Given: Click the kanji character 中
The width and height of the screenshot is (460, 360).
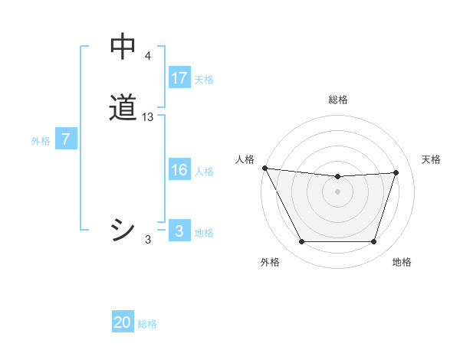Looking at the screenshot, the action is (123, 48).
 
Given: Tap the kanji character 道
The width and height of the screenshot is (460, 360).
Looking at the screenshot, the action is (123, 108).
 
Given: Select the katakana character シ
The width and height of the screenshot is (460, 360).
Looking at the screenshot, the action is (123, 230).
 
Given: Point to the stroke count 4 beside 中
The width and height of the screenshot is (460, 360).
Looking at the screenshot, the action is (147, 56).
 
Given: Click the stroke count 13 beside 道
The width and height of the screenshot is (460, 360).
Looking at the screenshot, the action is (148, 116).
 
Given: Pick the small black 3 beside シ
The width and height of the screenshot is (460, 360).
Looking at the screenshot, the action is (148, 240).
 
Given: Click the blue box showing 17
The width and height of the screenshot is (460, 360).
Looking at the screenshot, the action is (179, 77).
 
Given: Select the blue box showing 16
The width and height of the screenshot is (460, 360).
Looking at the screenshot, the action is (179, 170).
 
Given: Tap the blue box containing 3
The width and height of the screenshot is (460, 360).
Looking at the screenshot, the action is (179, 231).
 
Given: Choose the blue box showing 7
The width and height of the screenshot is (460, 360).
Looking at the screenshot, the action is (66, 139).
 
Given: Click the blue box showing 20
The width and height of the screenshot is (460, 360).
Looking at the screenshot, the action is (123, 322).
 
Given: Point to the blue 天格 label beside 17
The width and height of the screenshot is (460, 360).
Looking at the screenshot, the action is (204, 79).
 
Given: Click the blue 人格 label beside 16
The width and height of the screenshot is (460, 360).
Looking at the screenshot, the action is (204, 172).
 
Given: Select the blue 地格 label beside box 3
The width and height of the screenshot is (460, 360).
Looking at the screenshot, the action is (204, 233).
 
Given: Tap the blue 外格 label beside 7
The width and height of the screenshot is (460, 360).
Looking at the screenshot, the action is (41, 141).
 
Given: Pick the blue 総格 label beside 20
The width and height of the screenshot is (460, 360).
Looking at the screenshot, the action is (147, 324).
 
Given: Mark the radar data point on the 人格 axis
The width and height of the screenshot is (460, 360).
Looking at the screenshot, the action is (264, 168).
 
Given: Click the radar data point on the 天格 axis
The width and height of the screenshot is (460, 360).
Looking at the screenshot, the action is (396, 172).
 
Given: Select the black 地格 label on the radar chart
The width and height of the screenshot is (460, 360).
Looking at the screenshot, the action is (402, 262).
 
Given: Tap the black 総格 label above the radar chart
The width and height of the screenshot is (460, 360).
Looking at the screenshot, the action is (337, 100).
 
